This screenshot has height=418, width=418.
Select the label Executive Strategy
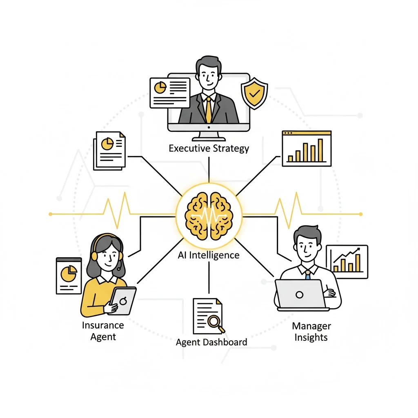click(x=209, y=148)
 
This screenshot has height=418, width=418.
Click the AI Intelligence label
click(x=209, y=256)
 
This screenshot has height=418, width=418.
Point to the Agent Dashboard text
click(x=211, y=342)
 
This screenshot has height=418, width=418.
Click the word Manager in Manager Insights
click(x=311, y=326)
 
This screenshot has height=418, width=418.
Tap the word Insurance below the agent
click(x=103, y=325)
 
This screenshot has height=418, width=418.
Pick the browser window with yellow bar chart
click(x=307, y=148)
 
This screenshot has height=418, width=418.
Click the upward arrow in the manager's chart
click(x=358, y=249)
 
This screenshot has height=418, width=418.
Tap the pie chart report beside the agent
click(x=69, y=276)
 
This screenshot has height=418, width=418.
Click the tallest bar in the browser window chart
click(x=320, y=150)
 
